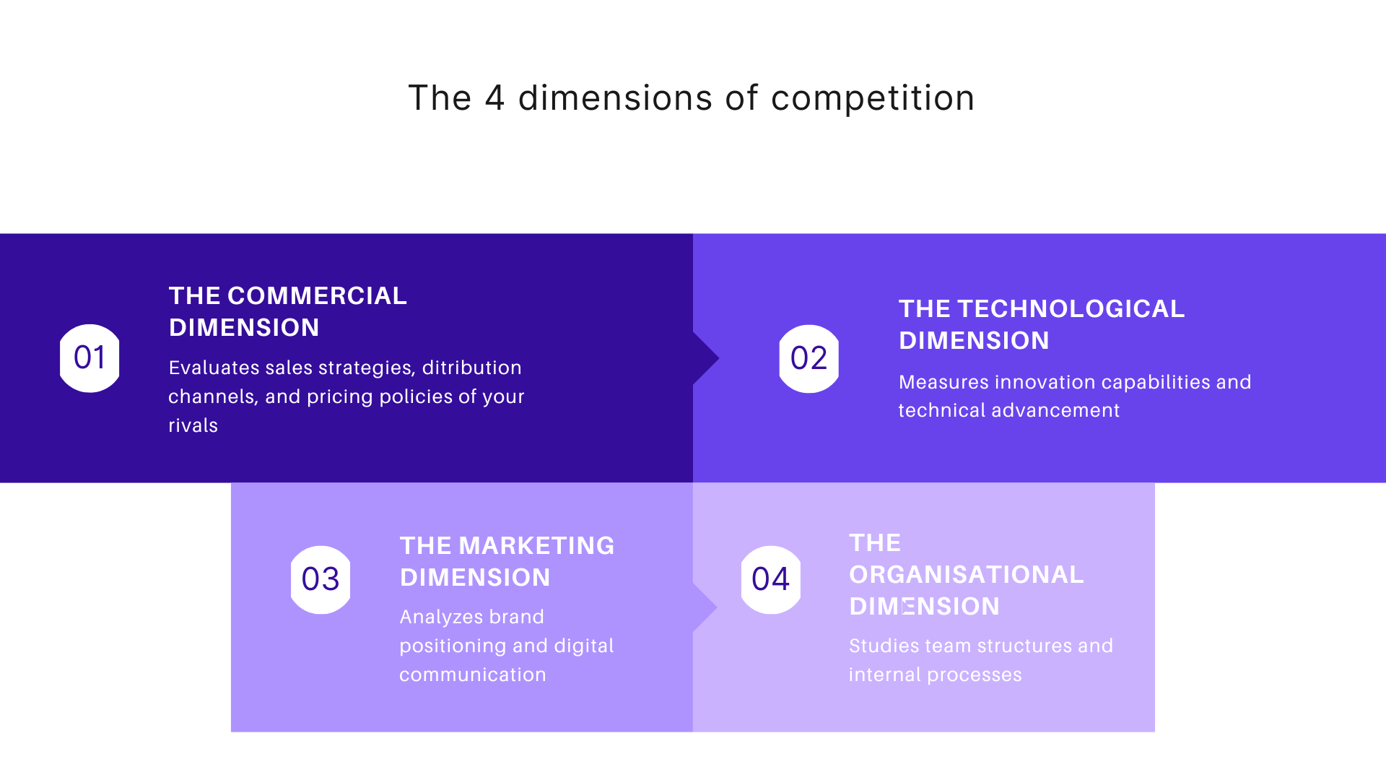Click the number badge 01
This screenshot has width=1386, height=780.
pos(90,358)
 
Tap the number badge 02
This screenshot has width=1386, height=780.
pos(808,358)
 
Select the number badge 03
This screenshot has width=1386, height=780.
pos(321,579)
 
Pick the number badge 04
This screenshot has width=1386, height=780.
pos(770,579)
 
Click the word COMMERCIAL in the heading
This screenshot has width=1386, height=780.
pos(317,296)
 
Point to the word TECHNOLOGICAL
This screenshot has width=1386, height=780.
pos(1071,309)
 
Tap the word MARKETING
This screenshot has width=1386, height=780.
pos(536,546)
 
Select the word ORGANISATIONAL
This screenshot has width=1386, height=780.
pos(966,575)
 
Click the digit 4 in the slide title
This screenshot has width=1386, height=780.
pos(494,98)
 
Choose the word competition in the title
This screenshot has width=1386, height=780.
pos(873,98)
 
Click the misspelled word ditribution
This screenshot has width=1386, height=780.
pos(471,368)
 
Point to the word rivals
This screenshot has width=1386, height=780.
pos(193,425)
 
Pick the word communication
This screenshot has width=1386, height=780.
pos(473,675)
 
